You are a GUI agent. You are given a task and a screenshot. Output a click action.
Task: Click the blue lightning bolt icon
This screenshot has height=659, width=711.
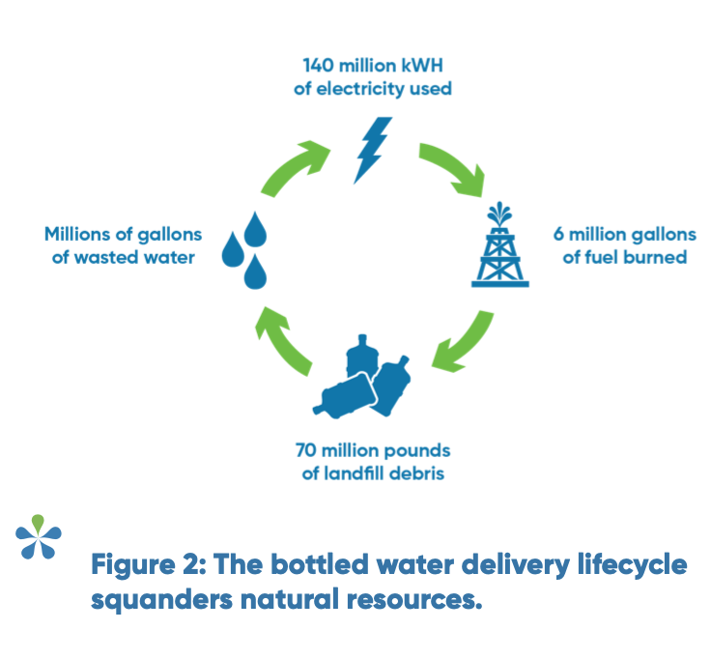point(371,151)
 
